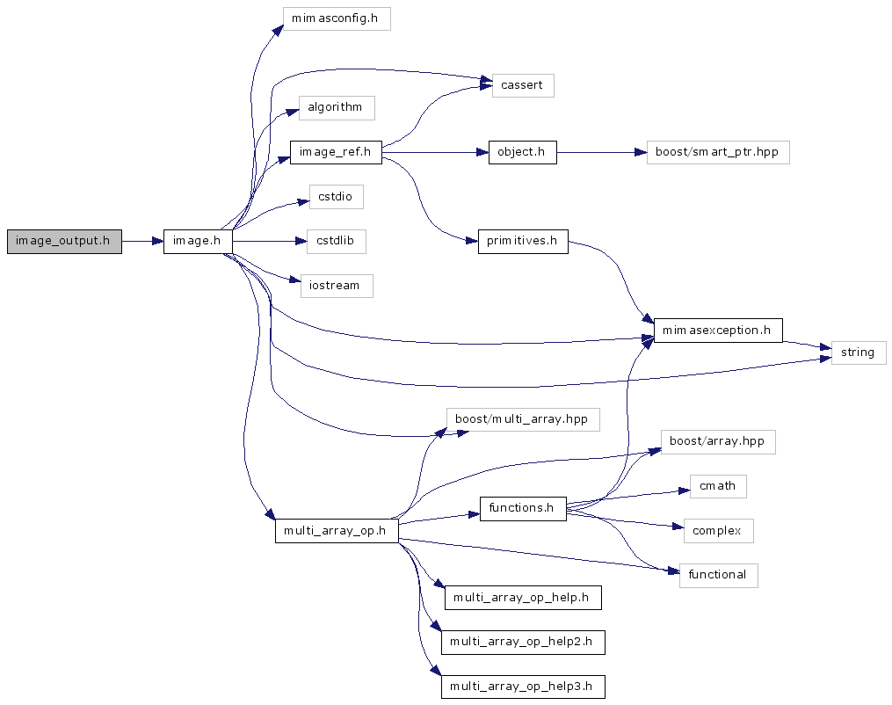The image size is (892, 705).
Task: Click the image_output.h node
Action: pyautogui.click(x=64, y=241)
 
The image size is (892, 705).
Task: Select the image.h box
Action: pyautogui.click(x=198, y=241)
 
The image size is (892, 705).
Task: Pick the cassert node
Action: pyautogui.click(x=522, y=85)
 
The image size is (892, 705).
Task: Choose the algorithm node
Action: pyautogui.click(x=336, y=108)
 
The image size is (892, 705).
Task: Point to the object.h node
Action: pyautogui.click(x=522, y=152)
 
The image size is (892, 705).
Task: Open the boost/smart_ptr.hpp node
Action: pyautogui.click(x=717, y=152)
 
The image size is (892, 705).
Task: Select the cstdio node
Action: pyautogui.click(x=336, y=197)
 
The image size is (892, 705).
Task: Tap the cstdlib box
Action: pyautogui.click(x=336, y=241)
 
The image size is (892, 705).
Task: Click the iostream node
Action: pyautogui.click(x=336, y=286)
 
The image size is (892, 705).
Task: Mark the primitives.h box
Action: pyautogui.click(x=522, y=242)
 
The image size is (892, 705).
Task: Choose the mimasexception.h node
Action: pyautogui.click(x=717, y=331)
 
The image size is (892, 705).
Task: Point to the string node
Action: pyautogui.click(x=858, y=352)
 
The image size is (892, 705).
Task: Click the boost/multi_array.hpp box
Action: pyautogui.click(x=522, y=419)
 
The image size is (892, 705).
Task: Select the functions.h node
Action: pyautogui.click(x=522, y=508)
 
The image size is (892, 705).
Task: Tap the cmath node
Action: pyautogui.click(x=717, y=486)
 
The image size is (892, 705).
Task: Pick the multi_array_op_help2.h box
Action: pyautogui.click(x=522, y=642)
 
